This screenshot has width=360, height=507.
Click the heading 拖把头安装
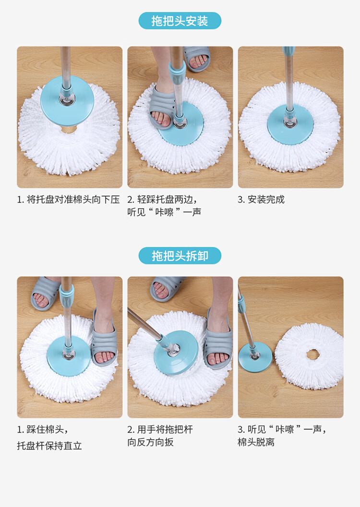tap(180, 21)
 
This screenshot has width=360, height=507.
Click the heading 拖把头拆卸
tap(180, 256)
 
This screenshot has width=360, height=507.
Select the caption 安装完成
tap(266, 200)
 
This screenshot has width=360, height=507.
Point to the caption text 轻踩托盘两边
tap(165, 200)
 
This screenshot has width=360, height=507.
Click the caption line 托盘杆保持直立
tap(49, 446)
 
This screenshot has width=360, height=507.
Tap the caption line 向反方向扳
tap(150, 442)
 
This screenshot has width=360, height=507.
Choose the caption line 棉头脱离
tap(256, 442)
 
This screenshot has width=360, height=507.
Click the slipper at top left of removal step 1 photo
tap(44, 293)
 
